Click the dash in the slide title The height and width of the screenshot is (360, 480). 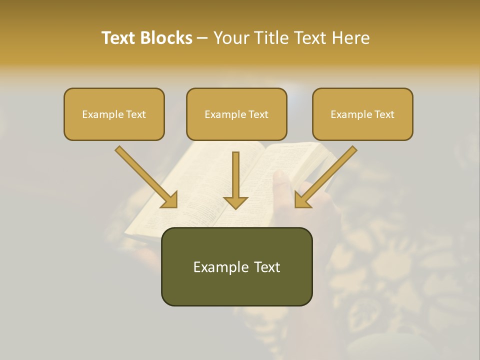pyautogui.click(x=203, y=38)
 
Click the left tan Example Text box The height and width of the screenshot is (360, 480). pyautogui.click(x=114, y=114)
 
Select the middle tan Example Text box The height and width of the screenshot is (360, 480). pyautogui.click(x=236, y=114)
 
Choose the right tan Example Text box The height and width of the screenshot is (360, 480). pyautogui.click(x=362, y=114)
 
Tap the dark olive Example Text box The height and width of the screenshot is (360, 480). pyautogui.click(x=236, y=267)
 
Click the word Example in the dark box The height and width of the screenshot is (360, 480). pyautogui.click(x=220, y=267)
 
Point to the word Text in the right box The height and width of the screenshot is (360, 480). pyautogui.click(x=384, y=114)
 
